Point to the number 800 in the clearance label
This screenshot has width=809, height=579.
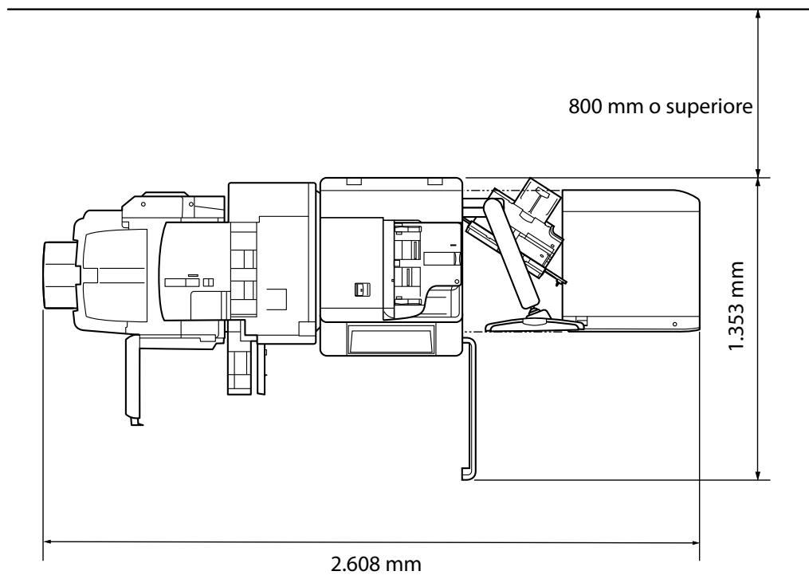point(584,106)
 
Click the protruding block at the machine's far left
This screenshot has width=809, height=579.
point(57,274)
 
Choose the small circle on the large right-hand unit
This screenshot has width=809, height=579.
point(674,325)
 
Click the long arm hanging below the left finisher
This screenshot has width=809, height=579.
point(132,378)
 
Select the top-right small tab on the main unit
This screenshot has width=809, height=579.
point(434,183)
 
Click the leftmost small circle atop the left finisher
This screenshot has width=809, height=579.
point(143,204)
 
